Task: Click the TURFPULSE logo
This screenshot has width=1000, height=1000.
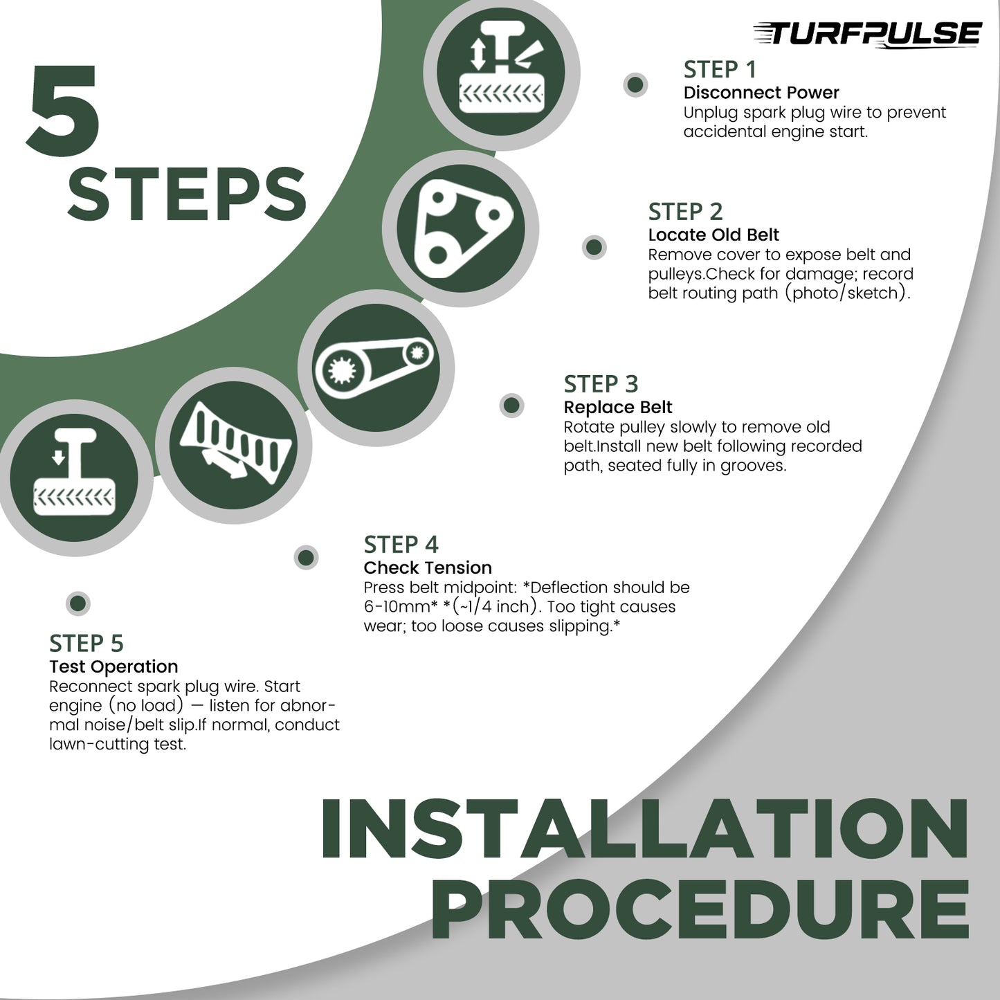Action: (x=867, y=34)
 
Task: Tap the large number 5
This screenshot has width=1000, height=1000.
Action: (x=64, y=110)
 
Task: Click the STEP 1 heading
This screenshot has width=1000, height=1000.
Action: (x=719, y=69)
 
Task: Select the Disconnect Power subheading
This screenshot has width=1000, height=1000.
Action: (x=761, y=93)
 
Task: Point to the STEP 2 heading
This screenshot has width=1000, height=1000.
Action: (x=685, y=212)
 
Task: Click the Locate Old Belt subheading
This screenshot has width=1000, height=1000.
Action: (x=713, y=235)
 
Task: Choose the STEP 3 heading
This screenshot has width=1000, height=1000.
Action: (x=601, y=384)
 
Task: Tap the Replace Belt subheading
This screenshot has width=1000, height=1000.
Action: (x=618, y=408)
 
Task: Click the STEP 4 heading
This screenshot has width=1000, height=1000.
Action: (x=401, y=545)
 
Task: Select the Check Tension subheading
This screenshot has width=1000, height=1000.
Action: (x=428, y=567)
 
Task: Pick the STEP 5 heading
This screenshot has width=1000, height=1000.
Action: (x=86, y=644)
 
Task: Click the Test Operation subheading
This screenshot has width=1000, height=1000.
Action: (x=113, y=667)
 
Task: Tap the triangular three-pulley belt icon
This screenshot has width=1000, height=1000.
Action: (x=461, y=229)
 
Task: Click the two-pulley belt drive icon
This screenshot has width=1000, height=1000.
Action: (x=376, y=368)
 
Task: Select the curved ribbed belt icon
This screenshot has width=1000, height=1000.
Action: (x=233, y=446)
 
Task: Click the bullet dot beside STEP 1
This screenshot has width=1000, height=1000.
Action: (x=635, y=84)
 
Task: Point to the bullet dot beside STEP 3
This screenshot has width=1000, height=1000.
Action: (x=511, y=406)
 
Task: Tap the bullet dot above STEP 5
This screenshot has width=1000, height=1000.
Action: (x=78, y=603)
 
